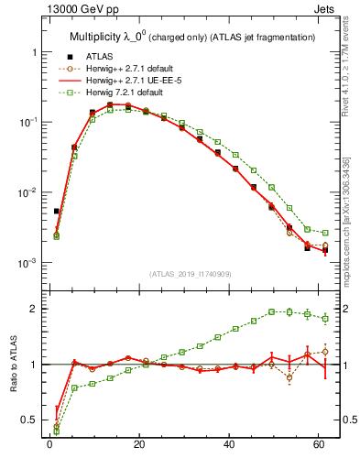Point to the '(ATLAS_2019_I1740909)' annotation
(191, 273)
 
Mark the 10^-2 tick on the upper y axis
(28, 192)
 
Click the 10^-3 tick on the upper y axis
(28, 263)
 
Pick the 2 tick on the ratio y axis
(34, 309)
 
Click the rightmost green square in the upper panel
(325, 233)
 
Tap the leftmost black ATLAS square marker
(57, 211)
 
